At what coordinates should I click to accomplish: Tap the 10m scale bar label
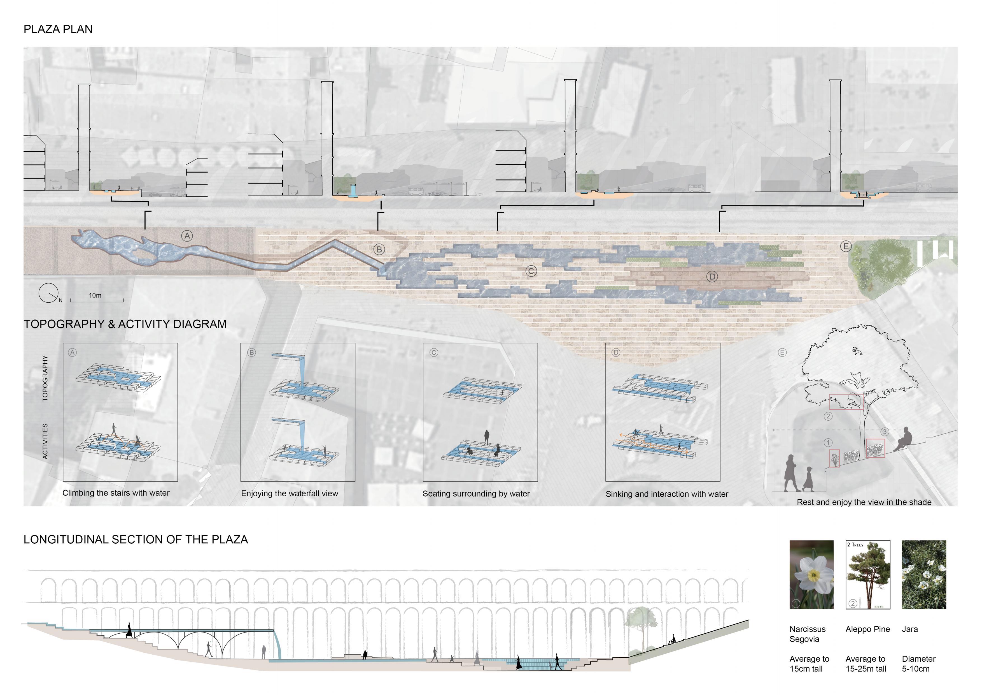[95, 295]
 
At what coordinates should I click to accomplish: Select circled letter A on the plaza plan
[187, 236]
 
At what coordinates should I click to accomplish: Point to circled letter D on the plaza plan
[712, 277]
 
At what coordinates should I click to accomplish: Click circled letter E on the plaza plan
[846, 247]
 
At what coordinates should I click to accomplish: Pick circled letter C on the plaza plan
[531, 271]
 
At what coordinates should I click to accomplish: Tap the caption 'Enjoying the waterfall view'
[290, 494]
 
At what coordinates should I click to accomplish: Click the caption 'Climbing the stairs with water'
[116, 493]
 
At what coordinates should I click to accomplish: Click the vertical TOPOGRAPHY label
[45, 378]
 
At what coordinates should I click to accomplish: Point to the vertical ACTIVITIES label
[45, 441]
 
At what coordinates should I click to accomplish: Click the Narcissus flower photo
[811, 574]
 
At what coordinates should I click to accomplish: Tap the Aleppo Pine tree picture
[868, 574]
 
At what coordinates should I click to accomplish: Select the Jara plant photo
[924, 574]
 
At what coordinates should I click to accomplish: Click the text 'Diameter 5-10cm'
[918, 664]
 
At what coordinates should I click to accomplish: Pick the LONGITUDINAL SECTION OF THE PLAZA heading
[136, 540]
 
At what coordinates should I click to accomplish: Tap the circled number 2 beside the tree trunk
[828, 416]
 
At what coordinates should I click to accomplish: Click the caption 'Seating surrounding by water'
[476, 494]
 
